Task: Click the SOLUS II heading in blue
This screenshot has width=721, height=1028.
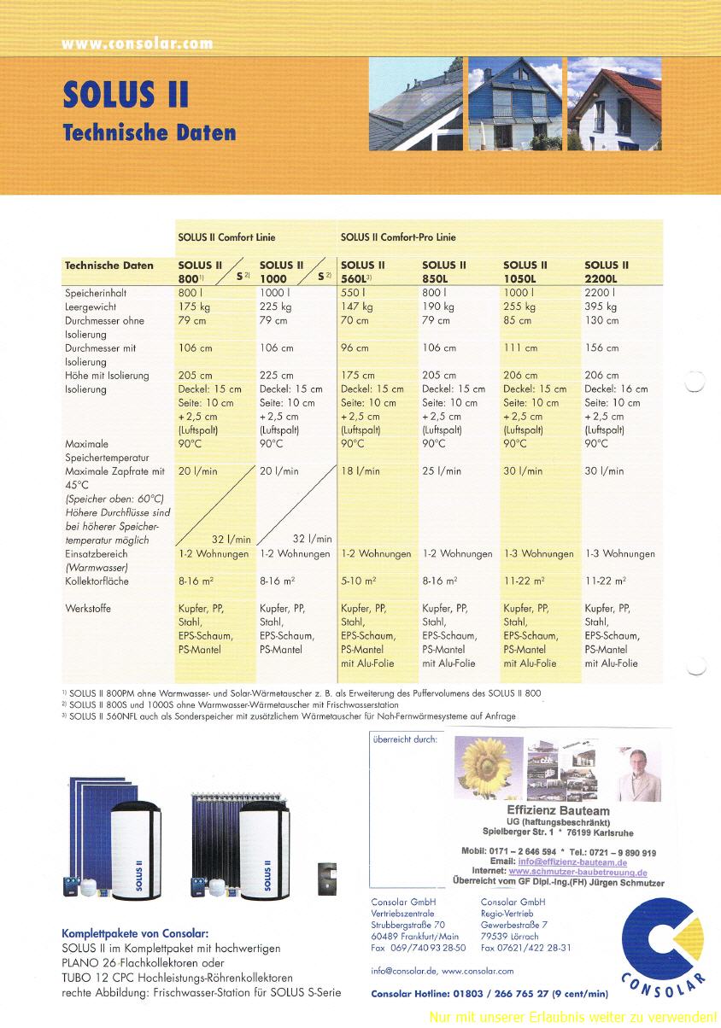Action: pos(126,94)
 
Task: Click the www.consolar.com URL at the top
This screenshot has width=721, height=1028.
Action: pos(137,44)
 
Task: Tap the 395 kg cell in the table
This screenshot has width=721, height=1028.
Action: pos(601,307)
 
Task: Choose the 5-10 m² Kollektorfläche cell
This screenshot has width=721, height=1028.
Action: pos(359,581)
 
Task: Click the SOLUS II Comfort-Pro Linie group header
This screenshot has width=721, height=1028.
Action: pos(398,237)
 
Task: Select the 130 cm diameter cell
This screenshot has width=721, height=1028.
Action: pos(601,320)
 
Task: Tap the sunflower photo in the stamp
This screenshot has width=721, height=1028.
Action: pos(489,768)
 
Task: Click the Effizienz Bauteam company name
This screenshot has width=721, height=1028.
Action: pos(559,810)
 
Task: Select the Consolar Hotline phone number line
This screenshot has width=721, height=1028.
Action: pos(489,993)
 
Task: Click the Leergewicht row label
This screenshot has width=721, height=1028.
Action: pos(91,307)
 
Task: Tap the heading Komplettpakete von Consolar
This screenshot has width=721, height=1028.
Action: pos(135,933)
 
